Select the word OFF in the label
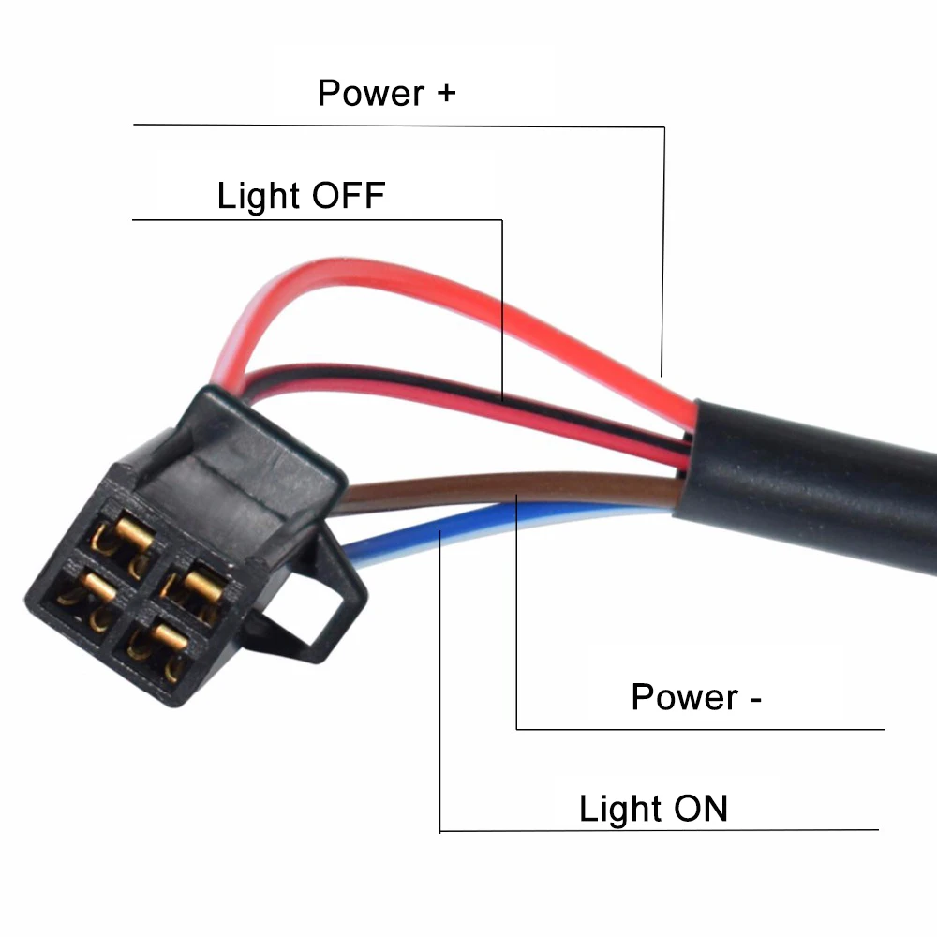tap(348, 196)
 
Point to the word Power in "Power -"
tap(685, 697)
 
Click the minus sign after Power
tap(754, 699)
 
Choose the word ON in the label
tap(698, 809)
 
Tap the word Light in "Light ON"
tap(621, 809)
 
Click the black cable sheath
tap(815, 468)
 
